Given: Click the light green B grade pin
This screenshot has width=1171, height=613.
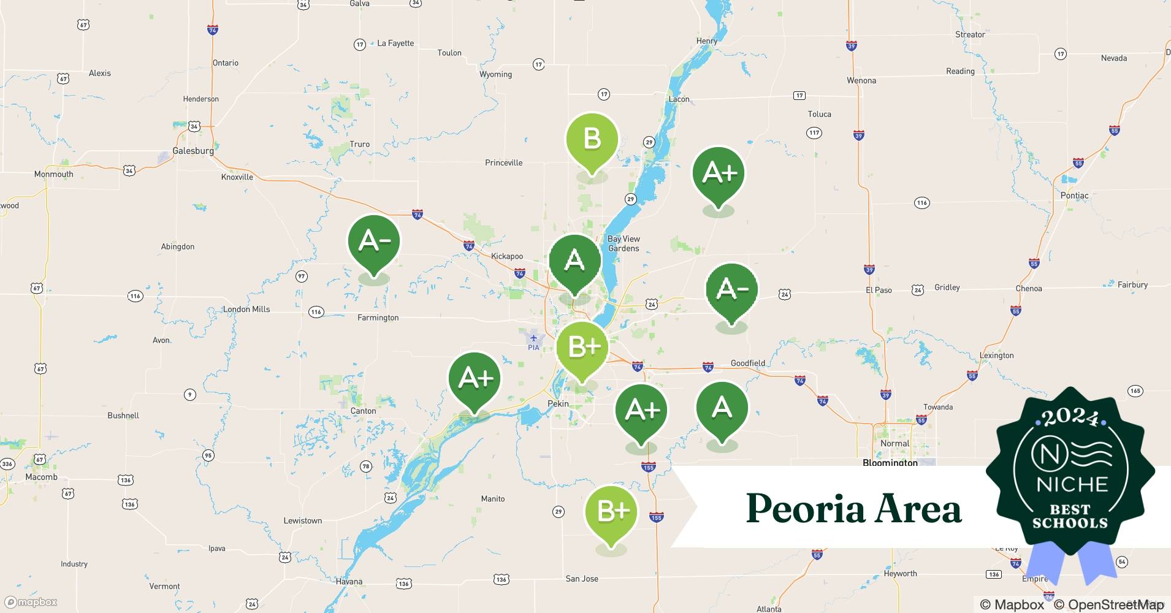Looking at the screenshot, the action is tap(592, 140).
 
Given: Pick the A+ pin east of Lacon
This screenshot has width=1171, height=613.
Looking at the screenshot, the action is tap(719, 173).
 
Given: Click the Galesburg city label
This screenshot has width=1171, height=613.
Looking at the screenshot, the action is tap(193, 151).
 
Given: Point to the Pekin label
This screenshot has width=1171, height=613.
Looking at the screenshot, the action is tap(558, 404).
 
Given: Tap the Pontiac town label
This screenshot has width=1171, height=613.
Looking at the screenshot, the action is tap(1074, 196).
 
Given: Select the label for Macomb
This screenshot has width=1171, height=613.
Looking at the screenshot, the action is tap(41, 477).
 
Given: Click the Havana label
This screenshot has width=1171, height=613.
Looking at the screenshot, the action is tap(349, 581).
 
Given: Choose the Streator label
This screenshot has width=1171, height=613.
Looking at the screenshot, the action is tap(970, 34).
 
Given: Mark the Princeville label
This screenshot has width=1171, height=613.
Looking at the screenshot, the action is tap(503, 162).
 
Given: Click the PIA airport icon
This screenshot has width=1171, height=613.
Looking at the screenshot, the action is tap(533, 338).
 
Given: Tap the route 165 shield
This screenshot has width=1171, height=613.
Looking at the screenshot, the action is tap(1135, 390).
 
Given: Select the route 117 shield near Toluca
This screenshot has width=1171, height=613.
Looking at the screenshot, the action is tap(814, 132).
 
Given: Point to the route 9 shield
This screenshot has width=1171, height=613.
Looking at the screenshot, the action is tap(190, 395).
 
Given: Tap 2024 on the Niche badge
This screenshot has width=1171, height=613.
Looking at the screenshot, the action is tap(1070, 418).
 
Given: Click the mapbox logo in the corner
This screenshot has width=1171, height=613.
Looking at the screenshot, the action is tap(31, 602).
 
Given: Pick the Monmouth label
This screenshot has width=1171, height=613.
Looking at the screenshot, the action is tap(53, 174).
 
